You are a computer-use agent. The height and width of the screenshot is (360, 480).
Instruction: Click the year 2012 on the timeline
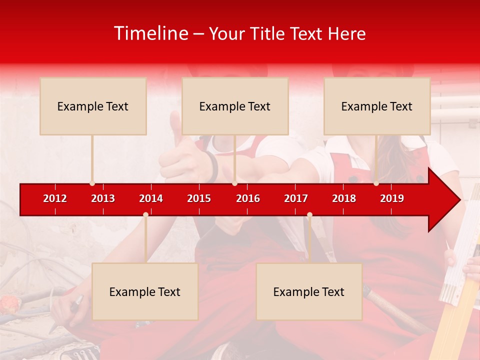tap(55, 198)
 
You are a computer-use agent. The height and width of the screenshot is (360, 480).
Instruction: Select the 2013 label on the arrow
tap(103, 198)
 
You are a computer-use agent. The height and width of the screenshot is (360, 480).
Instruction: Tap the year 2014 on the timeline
tap(151, 198)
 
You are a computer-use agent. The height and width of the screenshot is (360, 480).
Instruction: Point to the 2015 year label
tap(199, 198)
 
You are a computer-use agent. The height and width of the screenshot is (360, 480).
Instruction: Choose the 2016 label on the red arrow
tap(248, 198)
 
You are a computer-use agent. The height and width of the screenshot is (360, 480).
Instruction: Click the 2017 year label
tap(296, 198)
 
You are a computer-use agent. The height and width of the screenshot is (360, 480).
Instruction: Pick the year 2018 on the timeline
tap(344, 198)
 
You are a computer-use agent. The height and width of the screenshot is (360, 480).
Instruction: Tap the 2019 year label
tap(392, 198)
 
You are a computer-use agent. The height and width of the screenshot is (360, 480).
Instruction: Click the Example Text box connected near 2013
tap(93, 106)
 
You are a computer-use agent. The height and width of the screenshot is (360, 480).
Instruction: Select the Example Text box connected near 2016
tap(235, 106)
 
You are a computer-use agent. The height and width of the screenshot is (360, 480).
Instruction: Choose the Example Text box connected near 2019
tap(377, 106)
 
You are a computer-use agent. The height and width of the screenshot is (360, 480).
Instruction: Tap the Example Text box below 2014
tap(145, 291)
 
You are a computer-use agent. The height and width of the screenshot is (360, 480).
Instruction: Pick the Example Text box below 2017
tap(309, 291)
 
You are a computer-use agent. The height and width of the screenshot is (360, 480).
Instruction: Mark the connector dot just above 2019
tap(376, 183)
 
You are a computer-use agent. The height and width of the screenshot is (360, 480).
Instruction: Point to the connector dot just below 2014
tap(145, 214)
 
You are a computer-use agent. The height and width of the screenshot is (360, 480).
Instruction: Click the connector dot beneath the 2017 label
tap(309, 214)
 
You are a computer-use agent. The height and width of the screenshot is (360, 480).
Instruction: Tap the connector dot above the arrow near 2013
tap(92, 183)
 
